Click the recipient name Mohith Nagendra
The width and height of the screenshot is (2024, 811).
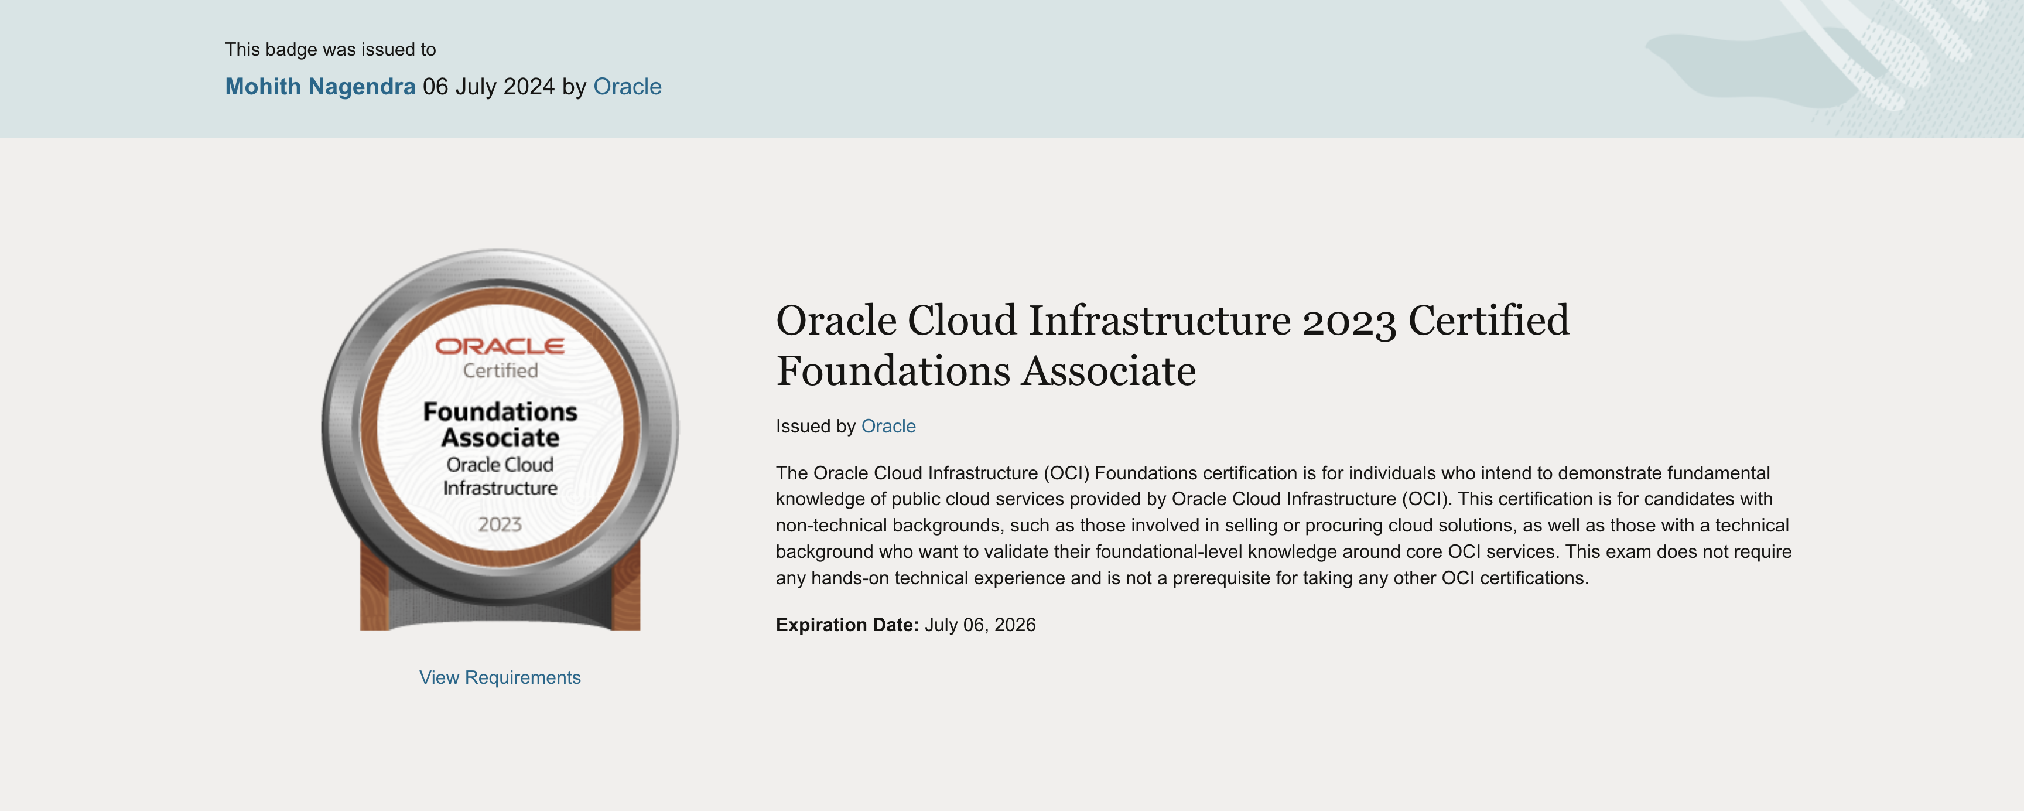[x=320, y=87]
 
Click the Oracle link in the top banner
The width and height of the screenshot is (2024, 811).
[x=627, y=87]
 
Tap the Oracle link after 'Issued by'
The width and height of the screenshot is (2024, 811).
[x=888, y=426]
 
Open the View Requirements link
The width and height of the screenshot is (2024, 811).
[x=500, y=677]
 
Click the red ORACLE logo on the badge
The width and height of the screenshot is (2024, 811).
[x=500, y=346]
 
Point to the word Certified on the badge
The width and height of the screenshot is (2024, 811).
[x=500, y=370]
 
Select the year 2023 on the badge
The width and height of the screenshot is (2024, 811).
[x=500, y=524]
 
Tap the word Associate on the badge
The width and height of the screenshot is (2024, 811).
[x=500, y=438]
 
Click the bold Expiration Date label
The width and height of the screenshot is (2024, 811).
[x=847, y=625]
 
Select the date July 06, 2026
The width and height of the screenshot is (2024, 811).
[x=980, y=625]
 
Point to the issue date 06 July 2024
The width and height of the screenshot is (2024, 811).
[x=488, y=87]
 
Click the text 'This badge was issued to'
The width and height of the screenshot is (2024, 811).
[x=330, y=49]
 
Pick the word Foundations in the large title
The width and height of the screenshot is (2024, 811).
[x=893, y=371]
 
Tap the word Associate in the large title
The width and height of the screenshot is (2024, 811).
[x=1109, y=371]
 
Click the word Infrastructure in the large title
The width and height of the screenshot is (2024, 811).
[x=1160, y=321]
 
